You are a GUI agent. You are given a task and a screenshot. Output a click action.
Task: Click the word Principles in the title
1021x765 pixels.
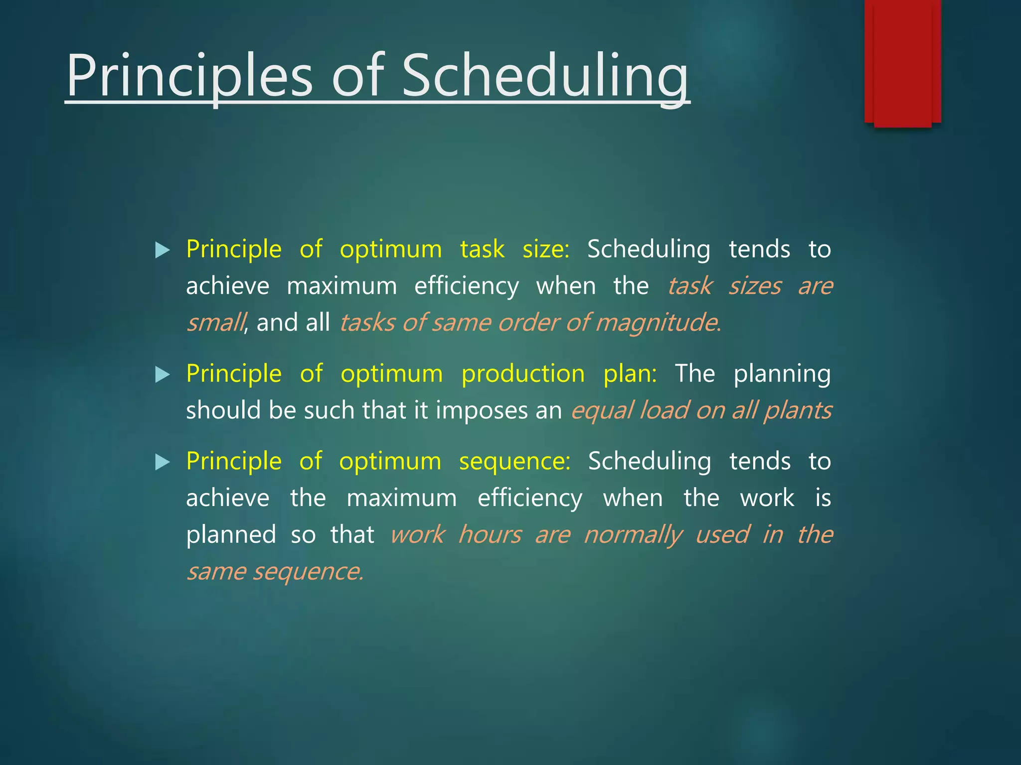coord(189,76)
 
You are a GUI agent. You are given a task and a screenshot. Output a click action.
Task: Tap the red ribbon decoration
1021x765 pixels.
coord(902,62)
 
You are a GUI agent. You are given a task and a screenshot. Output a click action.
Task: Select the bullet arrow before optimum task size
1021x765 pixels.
coord(163,250)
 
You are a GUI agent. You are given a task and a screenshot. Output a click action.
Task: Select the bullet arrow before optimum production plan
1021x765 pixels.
coord(163,375)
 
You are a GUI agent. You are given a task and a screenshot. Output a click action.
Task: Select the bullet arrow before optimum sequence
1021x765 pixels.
coord(163,462)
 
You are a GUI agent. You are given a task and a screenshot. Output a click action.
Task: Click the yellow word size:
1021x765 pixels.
coord(545,249)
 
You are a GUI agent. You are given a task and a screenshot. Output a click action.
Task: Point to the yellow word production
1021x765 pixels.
coord(523,374)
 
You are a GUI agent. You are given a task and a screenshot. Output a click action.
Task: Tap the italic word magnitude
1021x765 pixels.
coord(658,322)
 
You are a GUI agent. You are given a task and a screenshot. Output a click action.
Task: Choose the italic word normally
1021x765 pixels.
coord(633,535)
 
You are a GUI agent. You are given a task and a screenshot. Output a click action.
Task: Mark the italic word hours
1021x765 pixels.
coord(490,535)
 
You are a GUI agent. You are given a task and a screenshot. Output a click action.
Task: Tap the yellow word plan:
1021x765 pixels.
coord(630,374)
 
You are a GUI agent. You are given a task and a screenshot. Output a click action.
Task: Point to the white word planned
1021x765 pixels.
coord(231,535)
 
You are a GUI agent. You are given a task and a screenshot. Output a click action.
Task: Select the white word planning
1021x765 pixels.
coord(782,374)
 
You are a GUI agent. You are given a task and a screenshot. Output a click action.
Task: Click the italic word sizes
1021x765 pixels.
coord(755,286)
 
